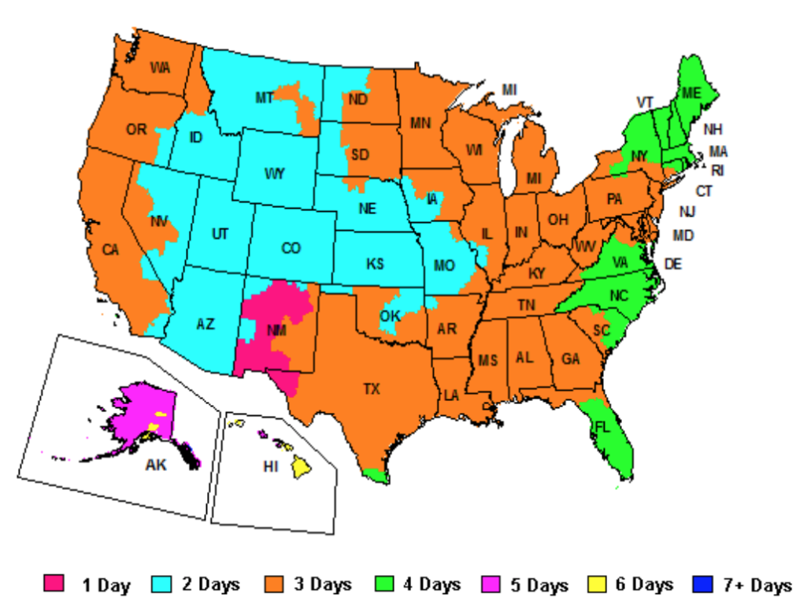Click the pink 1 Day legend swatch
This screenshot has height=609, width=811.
click(x=54, y=584)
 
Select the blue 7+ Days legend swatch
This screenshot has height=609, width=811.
click(x=702, y=584)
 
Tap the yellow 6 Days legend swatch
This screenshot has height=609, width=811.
click(x=597, y=584)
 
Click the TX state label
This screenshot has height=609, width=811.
click(x=371, y=388)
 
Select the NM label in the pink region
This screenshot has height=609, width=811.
click(x=276, y=331)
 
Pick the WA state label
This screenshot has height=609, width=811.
click(x=160, y=68)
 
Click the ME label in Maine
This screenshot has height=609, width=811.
click(x=691, y=93)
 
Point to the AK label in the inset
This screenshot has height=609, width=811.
click(x=156, y=465)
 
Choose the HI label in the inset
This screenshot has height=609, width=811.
click(x=271, y=466)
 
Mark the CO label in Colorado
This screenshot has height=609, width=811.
click(x=291, y=248)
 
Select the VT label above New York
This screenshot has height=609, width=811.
click(x=645, y=102)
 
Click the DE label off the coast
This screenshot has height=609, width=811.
click(x=673, y=264)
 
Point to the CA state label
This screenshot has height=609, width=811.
click(x=110, y=250)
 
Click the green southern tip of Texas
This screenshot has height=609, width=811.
click(x=377, y=475)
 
